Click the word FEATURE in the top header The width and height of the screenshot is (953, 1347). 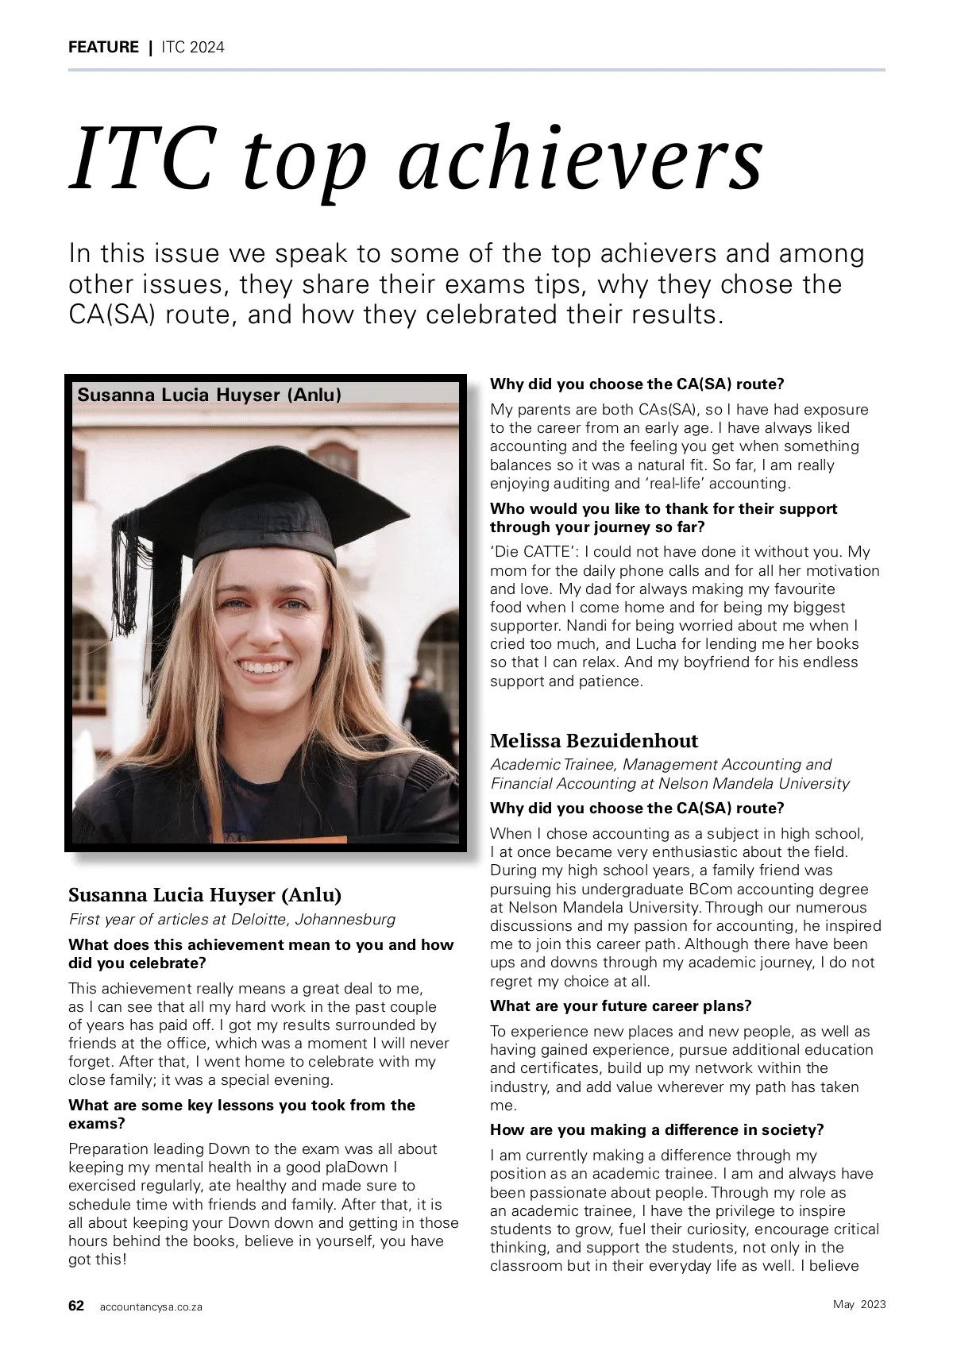coord(103,47)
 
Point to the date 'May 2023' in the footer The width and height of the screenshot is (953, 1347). coord(859,1305)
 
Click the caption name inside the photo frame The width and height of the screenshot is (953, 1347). coord(209,395)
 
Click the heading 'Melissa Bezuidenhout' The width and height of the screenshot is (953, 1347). coord(594,741)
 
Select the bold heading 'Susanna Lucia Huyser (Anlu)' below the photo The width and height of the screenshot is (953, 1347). coord(205,895)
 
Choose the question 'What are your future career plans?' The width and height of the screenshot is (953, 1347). coord(620,1006)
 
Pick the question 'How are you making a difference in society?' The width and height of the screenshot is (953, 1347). coord(657,1129)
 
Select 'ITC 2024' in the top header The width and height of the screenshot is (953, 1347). coord(193,47)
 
